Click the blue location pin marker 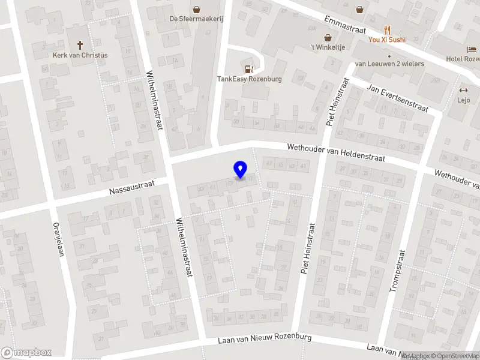tap(241, 169)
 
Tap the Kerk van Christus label tap(80, 55)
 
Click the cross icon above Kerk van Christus tap(80, 44)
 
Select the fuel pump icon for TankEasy tap(248, 67)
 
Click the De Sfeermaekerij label tap(196, 19)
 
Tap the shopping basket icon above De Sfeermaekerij tap(196, 8)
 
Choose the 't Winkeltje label tap(328, 48)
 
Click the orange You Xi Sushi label tap(387, 40)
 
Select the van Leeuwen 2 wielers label tap(389, 64)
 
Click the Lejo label tap(463, 101)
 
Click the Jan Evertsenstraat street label tap(398, 98)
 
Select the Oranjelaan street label tap(58, 241)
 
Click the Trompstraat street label tap(397, 271)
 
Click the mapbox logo tap(25, 352)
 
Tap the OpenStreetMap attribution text tap(454, 356)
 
